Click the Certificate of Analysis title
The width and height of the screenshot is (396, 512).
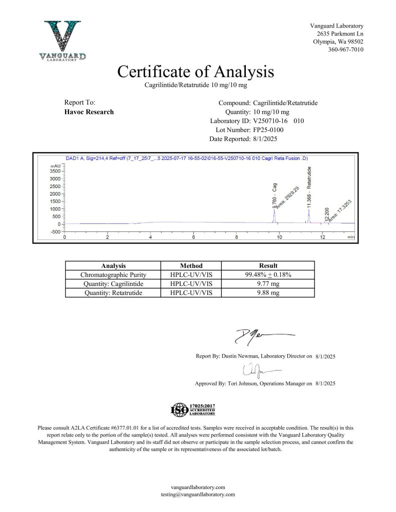pos(196,71)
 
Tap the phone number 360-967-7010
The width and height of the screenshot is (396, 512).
pos(345,49)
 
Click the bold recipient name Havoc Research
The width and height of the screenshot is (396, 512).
pos(89,111)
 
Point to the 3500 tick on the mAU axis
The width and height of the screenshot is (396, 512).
pos(56,171)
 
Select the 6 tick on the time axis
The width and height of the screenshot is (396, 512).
pos(193,237)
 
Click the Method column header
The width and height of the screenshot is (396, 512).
pos(191,265)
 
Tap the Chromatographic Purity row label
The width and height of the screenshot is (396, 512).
pos(113,274)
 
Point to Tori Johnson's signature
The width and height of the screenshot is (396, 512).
pos(259,370)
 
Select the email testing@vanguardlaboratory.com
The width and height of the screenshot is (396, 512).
pos(198,494)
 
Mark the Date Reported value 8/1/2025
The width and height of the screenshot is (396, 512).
pos(268,139)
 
